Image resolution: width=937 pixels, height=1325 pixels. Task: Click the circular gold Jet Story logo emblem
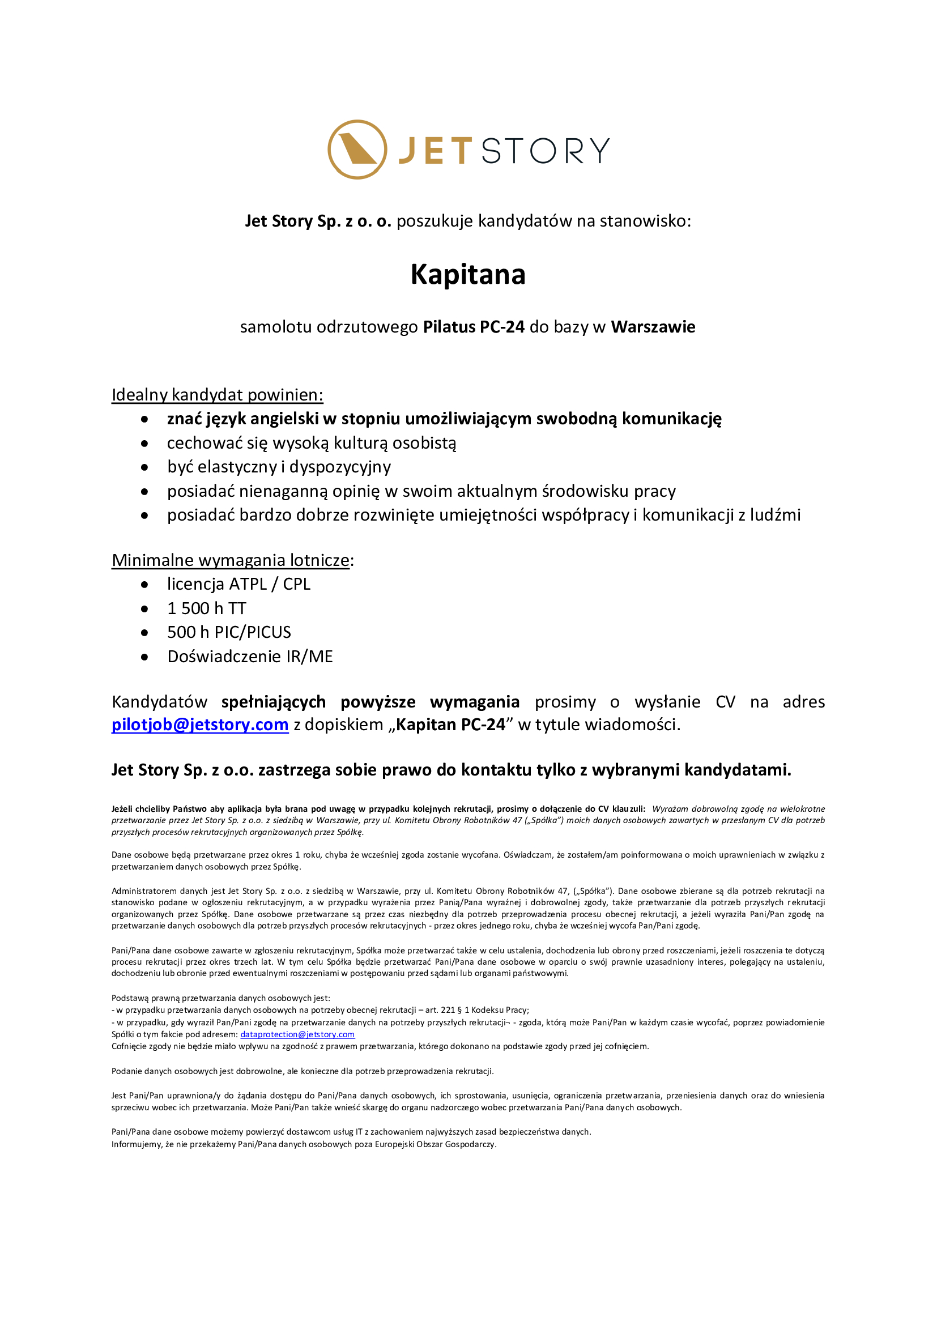pos(357,150)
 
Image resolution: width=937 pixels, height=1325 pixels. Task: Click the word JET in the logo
pos(436,151)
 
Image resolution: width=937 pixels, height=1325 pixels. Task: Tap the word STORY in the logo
pos(545,151)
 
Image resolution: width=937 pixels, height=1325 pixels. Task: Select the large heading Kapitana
pos(468,274)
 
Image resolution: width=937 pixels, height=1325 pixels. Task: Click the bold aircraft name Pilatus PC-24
pos(474,327)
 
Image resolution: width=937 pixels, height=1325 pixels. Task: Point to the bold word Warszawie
pos(653,327)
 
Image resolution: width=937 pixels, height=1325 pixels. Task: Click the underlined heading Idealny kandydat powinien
pos(217,395)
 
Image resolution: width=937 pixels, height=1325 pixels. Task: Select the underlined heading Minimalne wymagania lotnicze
pos(231,560)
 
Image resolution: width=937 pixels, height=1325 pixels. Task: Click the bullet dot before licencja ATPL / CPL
pos(145,585)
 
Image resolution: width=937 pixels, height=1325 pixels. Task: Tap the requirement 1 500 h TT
pos(207,608)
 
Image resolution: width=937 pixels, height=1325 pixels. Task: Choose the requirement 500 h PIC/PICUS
pos(229,632)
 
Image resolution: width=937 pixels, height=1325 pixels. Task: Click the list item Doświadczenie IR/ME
pos(250,656)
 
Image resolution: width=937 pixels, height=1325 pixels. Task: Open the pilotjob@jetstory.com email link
pos(199,725)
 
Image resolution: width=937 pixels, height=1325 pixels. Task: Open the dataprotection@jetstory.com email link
pos(297,1034)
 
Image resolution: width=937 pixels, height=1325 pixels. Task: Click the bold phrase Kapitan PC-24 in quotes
pos(450,725)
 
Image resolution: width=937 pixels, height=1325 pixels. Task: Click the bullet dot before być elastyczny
pos(145,467)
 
